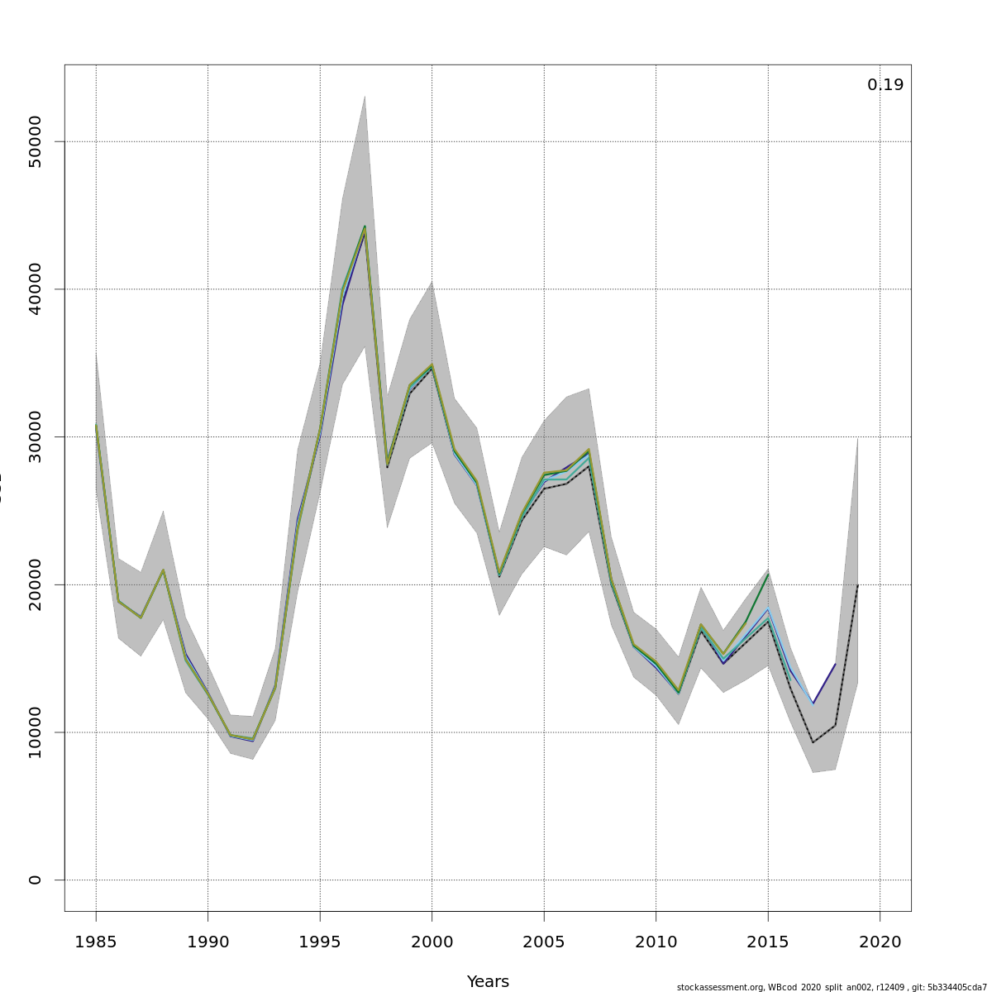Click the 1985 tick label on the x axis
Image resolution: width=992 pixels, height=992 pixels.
(96, 942)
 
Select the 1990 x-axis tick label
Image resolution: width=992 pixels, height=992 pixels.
(207, 942)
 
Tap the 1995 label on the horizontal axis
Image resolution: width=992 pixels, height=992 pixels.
(320, 942)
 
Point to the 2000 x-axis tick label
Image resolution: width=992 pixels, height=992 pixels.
(432, 942)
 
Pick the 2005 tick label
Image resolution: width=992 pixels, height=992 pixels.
(544, 942)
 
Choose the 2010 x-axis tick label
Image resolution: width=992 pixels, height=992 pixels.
(656, 942)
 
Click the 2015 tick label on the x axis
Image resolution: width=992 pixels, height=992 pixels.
(768, 942)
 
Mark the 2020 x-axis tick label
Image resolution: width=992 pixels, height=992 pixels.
(880, 942)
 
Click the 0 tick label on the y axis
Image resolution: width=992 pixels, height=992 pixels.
(35, 880)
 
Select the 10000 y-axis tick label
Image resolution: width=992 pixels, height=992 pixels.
(35, 732)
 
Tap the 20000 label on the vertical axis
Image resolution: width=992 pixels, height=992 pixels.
(35, 584)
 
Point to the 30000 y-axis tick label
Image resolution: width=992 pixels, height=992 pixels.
(35, 436)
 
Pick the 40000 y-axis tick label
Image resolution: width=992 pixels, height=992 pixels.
(35, 289)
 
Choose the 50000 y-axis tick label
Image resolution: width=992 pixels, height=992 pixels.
(35, 141)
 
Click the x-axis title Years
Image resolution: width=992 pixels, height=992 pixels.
(488, 982)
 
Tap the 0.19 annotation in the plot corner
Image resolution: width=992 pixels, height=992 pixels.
(885, 85)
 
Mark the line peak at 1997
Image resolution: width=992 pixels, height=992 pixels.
(365, 227)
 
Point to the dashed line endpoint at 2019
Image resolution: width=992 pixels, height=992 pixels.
(857, 585)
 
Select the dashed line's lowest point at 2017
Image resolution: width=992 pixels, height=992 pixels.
(813, 742)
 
